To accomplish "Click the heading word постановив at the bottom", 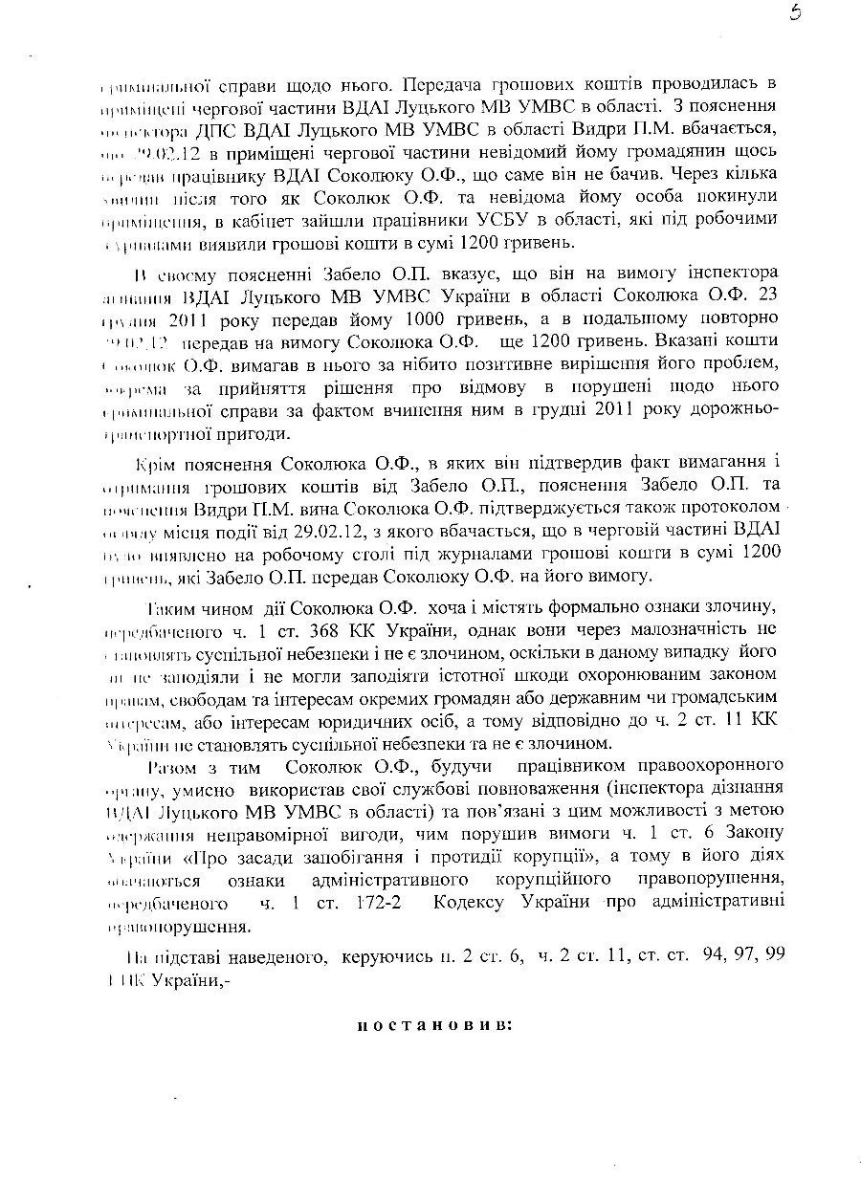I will (x=435, y=1025).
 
